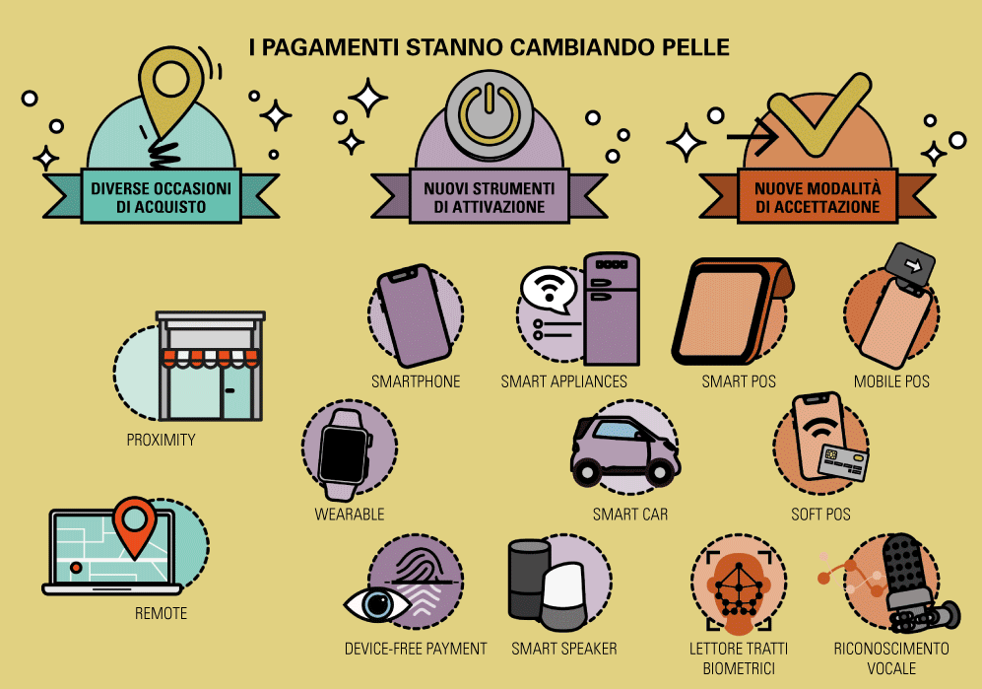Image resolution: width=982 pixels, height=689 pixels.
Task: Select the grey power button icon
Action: click(x=490, y=113)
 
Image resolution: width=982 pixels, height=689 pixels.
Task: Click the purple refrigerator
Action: click(x=612, y=309)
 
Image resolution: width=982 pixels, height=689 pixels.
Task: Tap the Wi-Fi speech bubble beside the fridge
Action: click(x=549, y=290)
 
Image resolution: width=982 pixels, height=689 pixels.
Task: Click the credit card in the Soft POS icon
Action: click(x=843, y=462)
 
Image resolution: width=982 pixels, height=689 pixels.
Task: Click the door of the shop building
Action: click(x=236, y=392)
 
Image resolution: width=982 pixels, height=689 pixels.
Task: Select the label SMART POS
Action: click(x=739, y=381)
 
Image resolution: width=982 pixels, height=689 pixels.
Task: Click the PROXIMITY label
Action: click(x=161, y=440)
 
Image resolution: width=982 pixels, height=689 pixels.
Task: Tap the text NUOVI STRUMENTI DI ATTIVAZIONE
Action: click(x=490, y=197)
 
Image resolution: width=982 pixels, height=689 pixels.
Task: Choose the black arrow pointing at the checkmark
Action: click(x=753, y=136)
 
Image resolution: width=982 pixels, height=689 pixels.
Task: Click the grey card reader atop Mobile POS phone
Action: click(x=911, y=264)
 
